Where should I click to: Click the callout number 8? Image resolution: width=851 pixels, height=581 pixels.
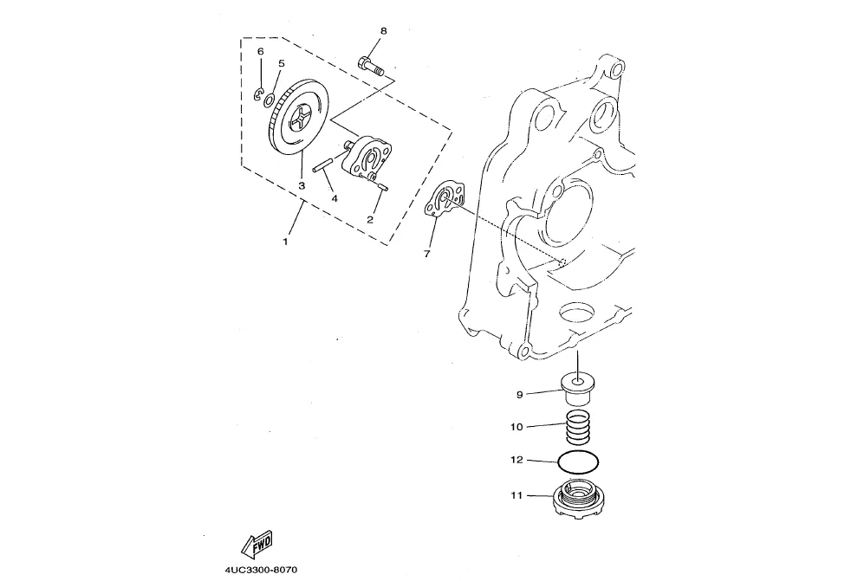click(x=383, y=31)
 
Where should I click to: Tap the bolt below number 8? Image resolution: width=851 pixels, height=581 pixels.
click(x=369, y=66)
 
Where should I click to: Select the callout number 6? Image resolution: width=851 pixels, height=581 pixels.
click(x=259, y=52)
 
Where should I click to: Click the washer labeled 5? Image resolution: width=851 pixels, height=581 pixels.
click(x=270, y=100)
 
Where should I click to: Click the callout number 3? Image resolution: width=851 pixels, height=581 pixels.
click(x=302, y=185)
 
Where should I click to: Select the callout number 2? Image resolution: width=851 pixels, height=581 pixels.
click(x=370, y=219)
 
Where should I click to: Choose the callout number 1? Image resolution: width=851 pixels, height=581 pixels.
click(x=285, y=242)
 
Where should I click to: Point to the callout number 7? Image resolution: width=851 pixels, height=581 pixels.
click(x=426, y=255)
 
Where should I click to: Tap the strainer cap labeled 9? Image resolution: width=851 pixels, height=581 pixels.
click(x=577, y=387)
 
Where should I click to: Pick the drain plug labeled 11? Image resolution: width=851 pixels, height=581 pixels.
click(x=576, y=500)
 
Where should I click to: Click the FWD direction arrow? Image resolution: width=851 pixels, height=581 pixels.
click(x=257, y=545)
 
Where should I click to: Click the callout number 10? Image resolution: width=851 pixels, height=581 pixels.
click(x=516, y=427)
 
